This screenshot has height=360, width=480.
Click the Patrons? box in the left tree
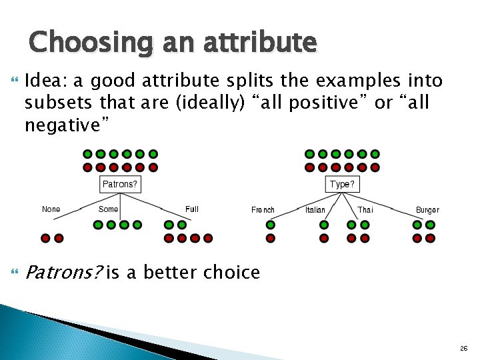click(x=120, y=183)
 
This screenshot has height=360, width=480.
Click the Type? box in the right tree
click(x=342, y=183)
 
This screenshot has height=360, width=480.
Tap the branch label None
click(x=51, y=209)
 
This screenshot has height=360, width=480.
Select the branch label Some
click(x=108, y=209)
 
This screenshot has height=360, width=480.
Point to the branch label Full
click(x=192, y=209)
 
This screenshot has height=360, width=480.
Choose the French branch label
click(x=263, y=210)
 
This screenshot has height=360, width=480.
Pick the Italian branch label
click(x=315, y=210)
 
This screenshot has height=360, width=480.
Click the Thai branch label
click(x=365, y=210)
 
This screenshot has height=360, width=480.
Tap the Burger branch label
click(x=427, y=210)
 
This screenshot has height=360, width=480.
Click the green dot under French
click(x=271, y=225)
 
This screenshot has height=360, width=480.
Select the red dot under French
click(x=271, y=238)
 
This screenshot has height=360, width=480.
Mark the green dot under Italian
click(x=324, y=225)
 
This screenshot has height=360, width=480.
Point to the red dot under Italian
click(x=324, y=238)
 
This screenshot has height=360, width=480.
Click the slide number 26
click(x=463, y=349)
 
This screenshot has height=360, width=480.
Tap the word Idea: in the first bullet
click(x=45, y=81)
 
